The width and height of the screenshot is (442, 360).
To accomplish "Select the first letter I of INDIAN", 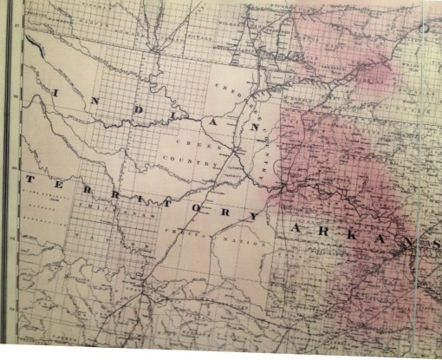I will pos(55,90).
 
